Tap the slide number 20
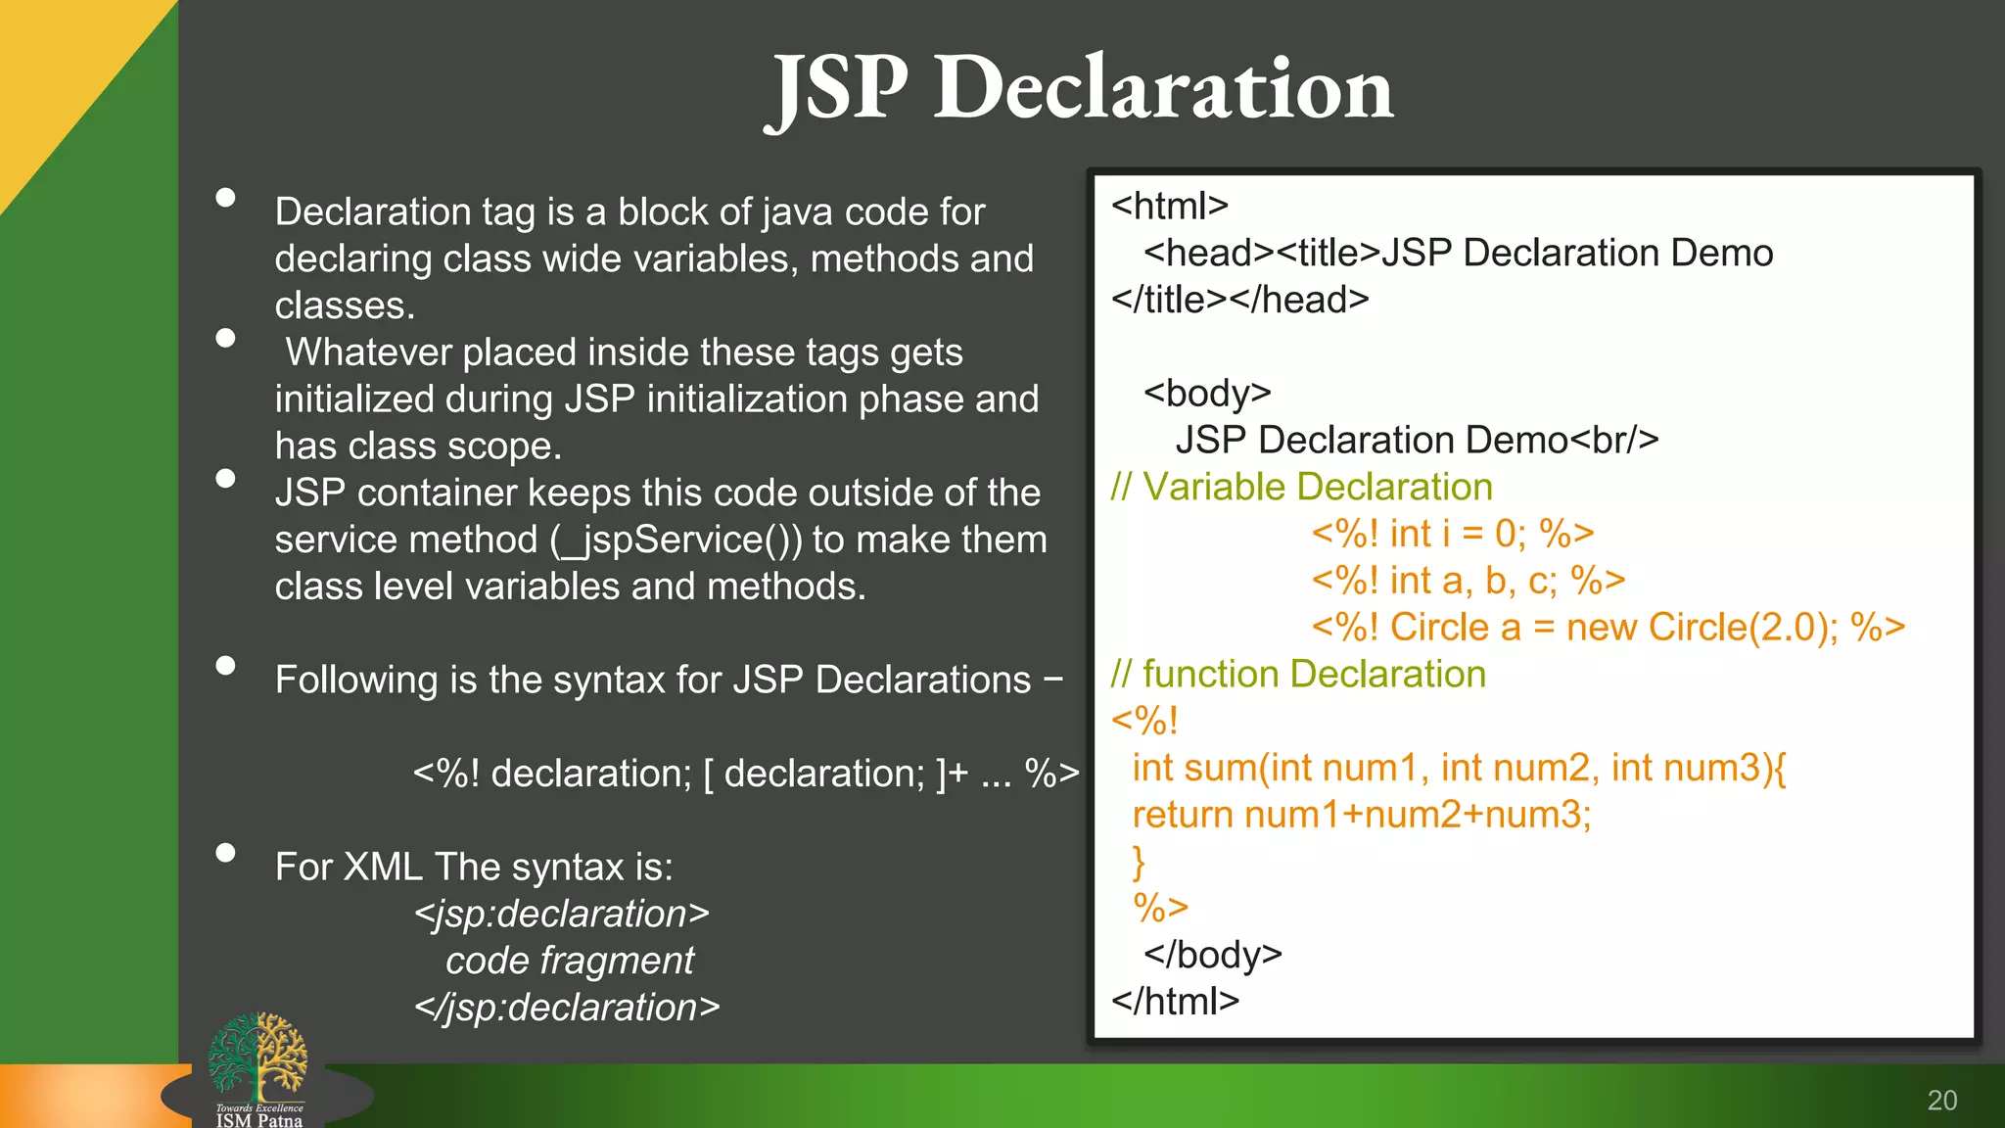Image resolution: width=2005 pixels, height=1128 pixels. point(1941,1101)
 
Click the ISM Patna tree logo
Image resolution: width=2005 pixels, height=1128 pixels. point(257,1059)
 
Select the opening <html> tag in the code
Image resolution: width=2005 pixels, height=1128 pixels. point(1169,206)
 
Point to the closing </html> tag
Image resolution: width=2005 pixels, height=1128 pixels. point(1175,1001)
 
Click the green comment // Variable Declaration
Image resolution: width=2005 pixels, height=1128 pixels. point(1301,487)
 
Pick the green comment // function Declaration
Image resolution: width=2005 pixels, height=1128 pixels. point(1298,674)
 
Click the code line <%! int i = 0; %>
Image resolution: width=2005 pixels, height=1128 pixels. point(1453,534)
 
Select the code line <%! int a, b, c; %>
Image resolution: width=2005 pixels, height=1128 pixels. point(1469,581)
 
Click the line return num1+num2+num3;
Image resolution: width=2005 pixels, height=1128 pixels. point(1362,815)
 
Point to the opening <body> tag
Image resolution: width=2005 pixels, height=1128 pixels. point(1207,394)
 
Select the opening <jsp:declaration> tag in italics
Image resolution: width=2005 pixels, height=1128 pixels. point(561,914)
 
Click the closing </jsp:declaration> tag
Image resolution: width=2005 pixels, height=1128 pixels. point(567,1008)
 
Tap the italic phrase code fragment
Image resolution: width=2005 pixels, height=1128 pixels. point(570,961)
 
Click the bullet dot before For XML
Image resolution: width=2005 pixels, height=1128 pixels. point(226,852)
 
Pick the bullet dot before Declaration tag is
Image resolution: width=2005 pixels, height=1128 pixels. point(226,198)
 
